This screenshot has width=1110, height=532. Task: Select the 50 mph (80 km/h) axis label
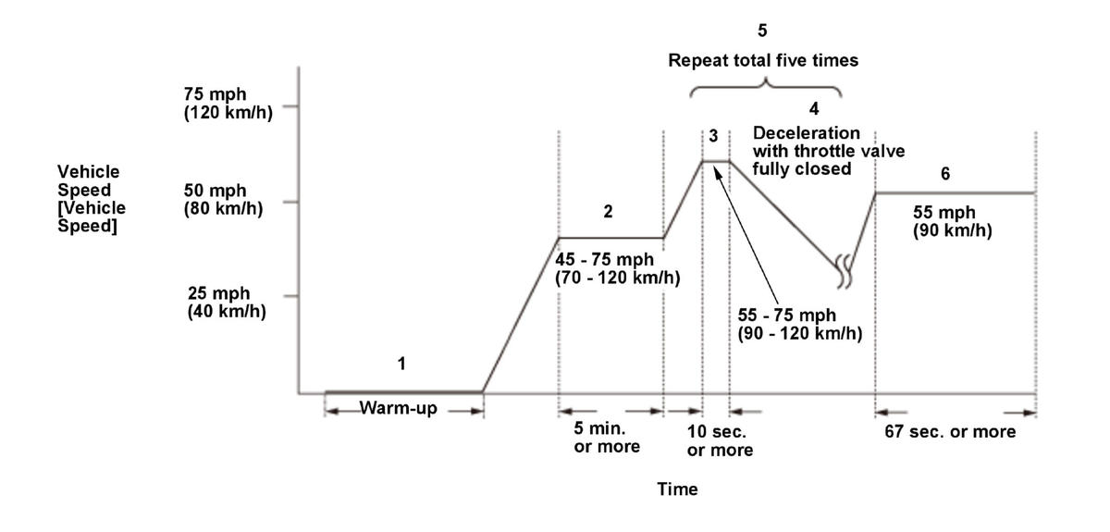(225, 199)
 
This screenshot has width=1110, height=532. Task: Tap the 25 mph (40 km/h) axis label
(225, 302)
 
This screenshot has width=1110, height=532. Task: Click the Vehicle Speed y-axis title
(90, 199)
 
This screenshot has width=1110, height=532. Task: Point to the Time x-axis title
(678, 489)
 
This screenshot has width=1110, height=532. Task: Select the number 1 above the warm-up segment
(401, 364)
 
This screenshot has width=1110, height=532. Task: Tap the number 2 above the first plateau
(608, 211)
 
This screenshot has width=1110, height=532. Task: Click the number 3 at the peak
(713, 136)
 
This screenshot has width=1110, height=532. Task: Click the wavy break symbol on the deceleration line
(843, 269)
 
